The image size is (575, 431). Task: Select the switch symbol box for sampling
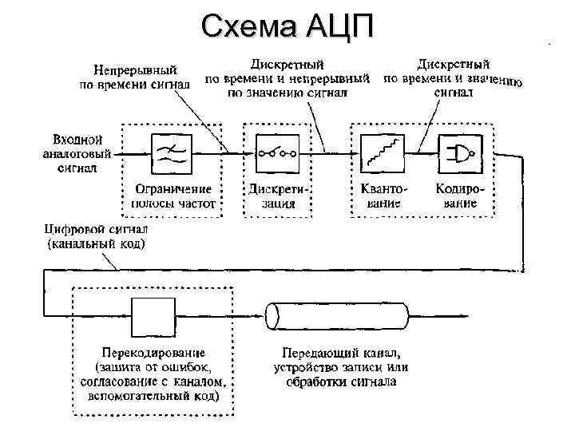click(276, 152)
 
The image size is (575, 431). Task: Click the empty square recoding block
click(151, 316)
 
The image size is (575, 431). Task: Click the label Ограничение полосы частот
click(172, 196)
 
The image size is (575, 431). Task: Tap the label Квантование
click(380, 196)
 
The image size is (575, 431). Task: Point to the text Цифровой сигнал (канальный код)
click(96, 236)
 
